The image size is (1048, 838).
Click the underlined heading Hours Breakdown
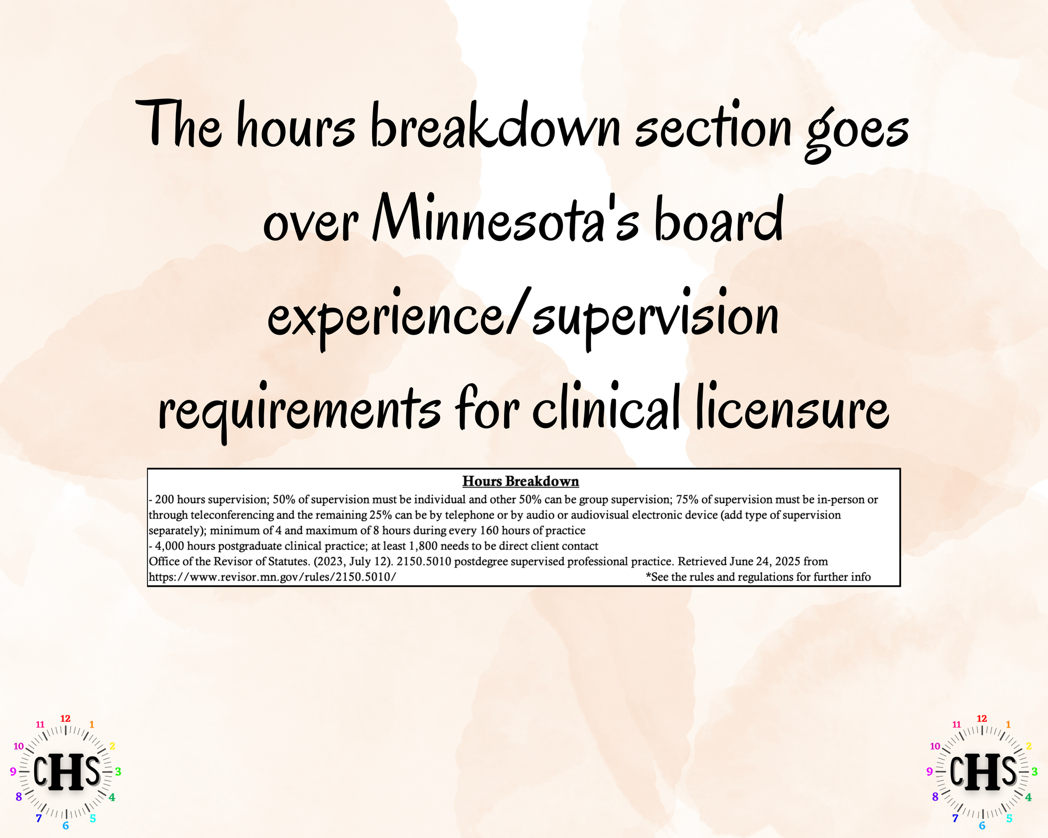pos(520,481)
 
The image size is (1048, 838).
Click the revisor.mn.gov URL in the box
pos(272,577)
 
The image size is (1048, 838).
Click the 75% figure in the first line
pos(687,499)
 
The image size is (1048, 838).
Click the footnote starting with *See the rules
pos(758,577)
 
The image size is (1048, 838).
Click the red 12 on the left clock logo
pos(65,718)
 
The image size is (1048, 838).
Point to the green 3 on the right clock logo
pos(1034,771)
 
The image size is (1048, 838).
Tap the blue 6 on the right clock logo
pos(982,825)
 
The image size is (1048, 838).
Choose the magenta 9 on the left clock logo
pos(13,771)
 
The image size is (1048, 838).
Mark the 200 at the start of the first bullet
pos(165,499)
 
